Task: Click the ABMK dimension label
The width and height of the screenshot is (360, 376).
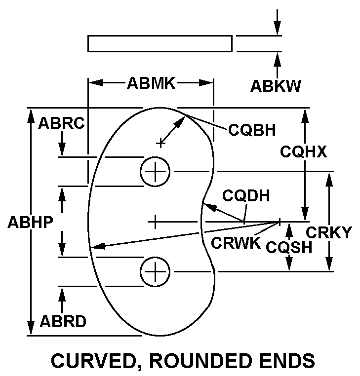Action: pos(151,83)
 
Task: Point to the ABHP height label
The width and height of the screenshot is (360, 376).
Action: pos(30,223)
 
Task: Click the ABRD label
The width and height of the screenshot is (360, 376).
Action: pos(63,322)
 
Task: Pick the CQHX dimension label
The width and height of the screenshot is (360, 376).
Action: pos(304,151)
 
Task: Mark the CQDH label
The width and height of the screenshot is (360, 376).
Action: pos(246,195)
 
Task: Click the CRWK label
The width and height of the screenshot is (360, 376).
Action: pos(236,242)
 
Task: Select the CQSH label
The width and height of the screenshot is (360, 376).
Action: pos(289,247)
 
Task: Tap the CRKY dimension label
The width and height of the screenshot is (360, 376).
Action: pos(329,232)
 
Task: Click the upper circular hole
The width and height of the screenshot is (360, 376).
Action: pos(156,172)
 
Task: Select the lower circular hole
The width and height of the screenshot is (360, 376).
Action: pos(156,271)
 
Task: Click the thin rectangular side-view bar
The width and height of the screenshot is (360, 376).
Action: pos(160,43)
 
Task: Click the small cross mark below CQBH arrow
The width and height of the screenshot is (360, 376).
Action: pos(160,143)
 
